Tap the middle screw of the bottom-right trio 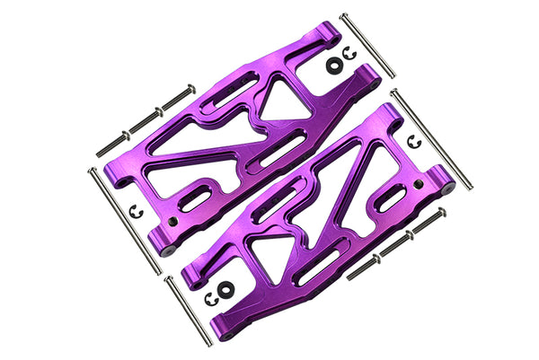tap(396, 241)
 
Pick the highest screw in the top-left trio tap(176, 95)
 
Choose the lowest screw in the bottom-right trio tap(363, 263)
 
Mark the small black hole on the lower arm tap(419, 187)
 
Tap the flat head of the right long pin tap(393, 91)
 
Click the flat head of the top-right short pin tap(344, 15)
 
